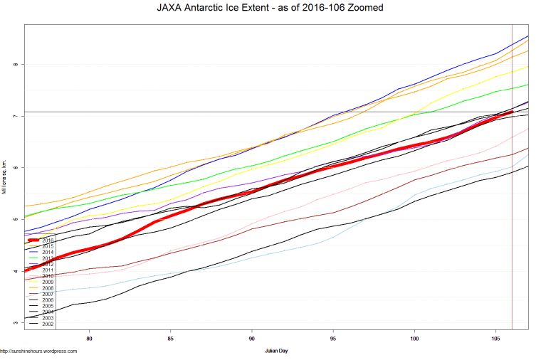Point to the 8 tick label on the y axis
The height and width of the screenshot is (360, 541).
pos(14,64)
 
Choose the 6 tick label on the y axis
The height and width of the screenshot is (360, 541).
pos(14,167)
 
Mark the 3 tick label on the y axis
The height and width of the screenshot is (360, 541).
pos(14,322)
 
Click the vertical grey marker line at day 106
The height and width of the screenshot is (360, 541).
pos(512,213)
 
